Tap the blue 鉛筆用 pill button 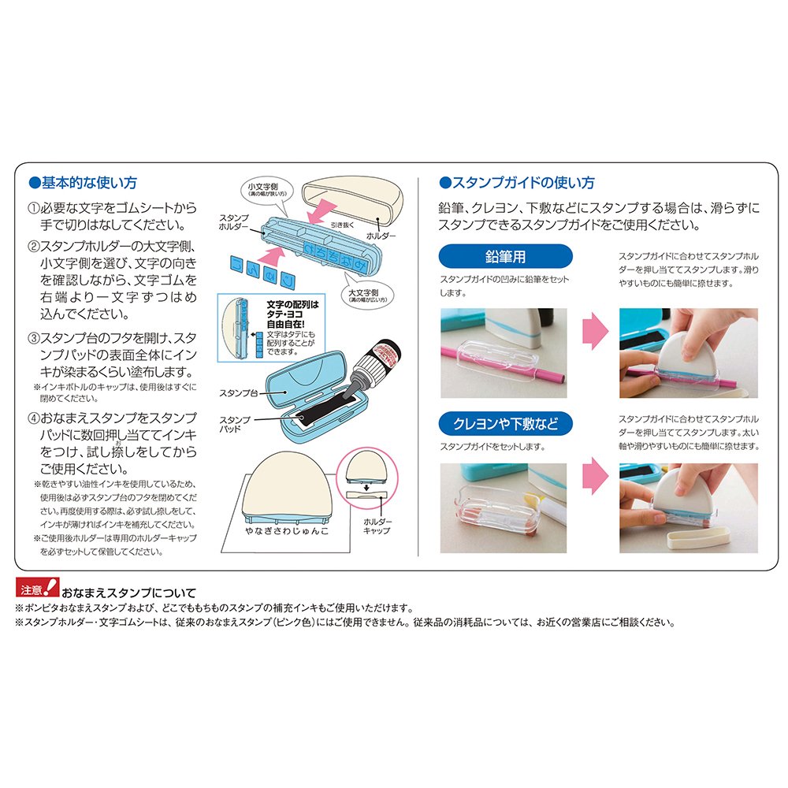click(x=505, y=256)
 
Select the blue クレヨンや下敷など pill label click(x=505, y=424)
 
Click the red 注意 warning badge click(x=38, y=588)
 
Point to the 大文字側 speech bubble click(x=367, y=294)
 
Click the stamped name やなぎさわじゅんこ click(x=287, y=530)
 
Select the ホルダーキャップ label click(x=377, y=526)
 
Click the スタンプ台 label click(x=238, y=393)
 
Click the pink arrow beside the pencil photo click(x=595, y=331)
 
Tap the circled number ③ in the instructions click(x=33, y=338)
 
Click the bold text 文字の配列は click(x=292, y=304)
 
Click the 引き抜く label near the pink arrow click(x=342, y=225)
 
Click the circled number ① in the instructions click(x=33, y=208)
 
